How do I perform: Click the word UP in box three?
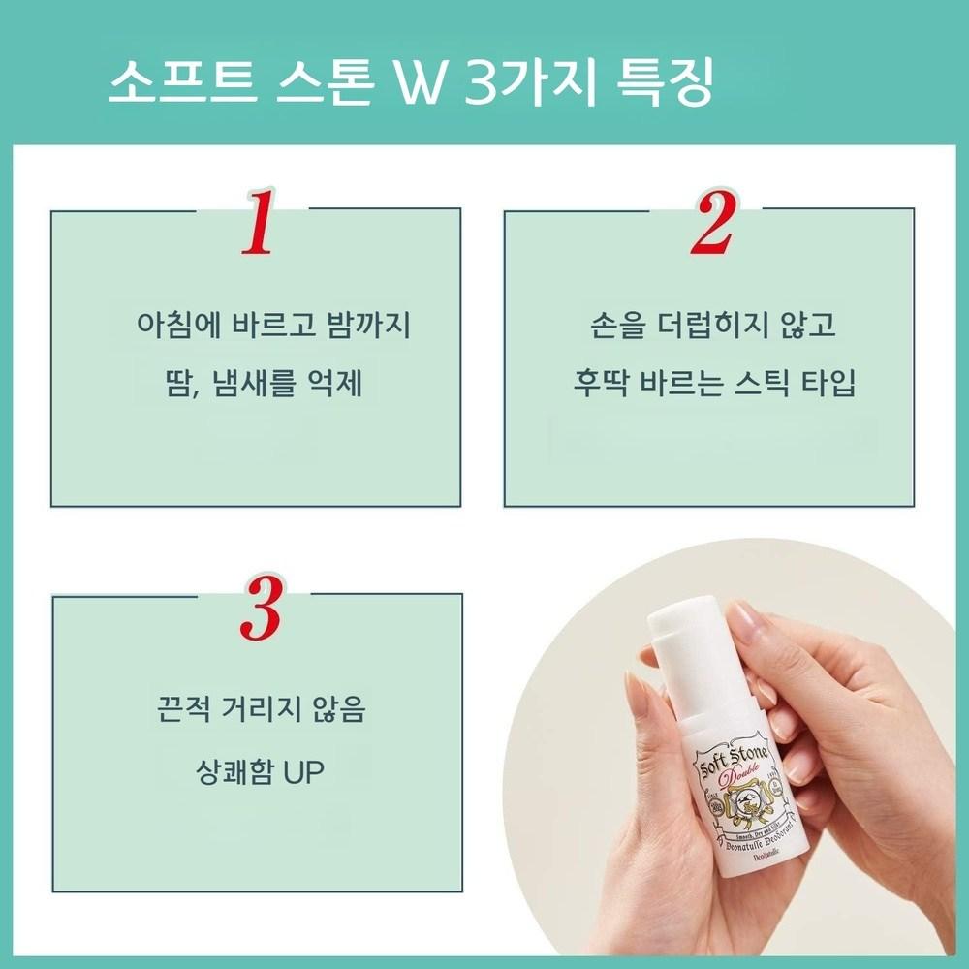pos(302,772)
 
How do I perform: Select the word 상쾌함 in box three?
pos(234,772)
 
